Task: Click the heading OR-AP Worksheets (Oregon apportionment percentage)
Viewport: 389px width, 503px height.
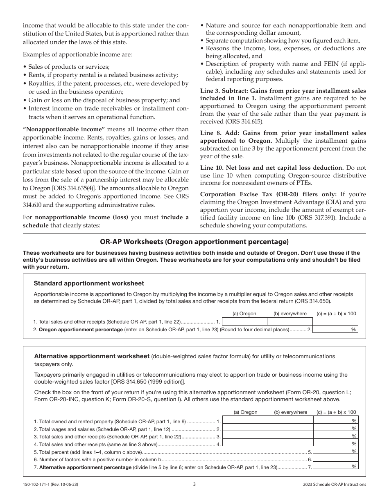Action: [x=194, y=241]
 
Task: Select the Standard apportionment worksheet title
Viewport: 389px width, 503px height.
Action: [x=89, y=283]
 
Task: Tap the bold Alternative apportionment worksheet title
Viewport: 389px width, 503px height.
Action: [x=92, y=356]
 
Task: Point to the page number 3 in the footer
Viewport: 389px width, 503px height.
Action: [x=194, y=484]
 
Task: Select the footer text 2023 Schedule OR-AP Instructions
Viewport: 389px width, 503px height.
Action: [x=332, y=485]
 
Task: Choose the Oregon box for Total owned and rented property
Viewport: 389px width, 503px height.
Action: [x=245, y=421]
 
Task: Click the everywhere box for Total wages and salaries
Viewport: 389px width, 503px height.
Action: [x=290, y=429]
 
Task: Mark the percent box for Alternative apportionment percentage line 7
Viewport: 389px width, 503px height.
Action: [x=335, y=467]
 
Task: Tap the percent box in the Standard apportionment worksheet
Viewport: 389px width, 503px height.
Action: [x=335, y=329]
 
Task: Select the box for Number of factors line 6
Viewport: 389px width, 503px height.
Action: [x=335, y=459]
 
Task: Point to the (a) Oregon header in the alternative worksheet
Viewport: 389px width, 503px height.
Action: [x=245, y=412]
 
